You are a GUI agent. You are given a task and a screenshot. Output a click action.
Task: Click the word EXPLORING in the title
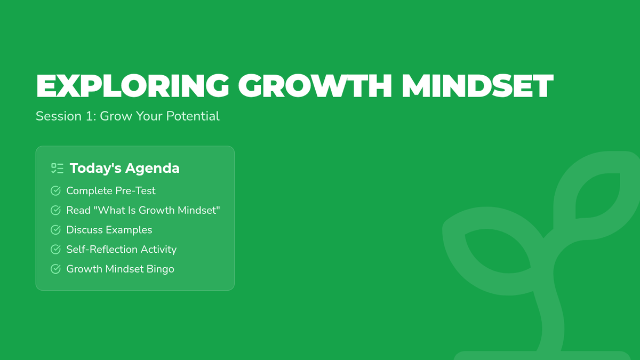133,86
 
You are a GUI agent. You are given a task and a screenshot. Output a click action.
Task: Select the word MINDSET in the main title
477,86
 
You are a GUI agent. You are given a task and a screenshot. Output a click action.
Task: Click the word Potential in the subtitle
193,116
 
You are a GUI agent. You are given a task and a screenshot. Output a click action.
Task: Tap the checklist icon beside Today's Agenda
58,169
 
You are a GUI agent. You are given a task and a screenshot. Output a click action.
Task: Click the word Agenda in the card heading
153,169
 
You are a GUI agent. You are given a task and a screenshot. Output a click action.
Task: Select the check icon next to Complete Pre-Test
55,190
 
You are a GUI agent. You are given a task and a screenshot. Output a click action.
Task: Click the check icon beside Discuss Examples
55,230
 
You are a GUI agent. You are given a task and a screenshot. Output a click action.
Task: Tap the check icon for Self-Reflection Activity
55,249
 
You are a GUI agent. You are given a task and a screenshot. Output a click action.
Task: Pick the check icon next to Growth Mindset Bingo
55,269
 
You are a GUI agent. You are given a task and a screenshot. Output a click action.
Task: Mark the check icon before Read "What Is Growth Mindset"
55,210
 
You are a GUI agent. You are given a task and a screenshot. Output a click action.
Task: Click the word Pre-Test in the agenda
135,191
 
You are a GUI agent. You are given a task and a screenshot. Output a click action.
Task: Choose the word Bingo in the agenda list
161,269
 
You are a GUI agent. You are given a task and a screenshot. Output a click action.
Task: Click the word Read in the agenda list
78,210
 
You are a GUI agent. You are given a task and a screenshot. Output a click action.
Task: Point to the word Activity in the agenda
158,250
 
